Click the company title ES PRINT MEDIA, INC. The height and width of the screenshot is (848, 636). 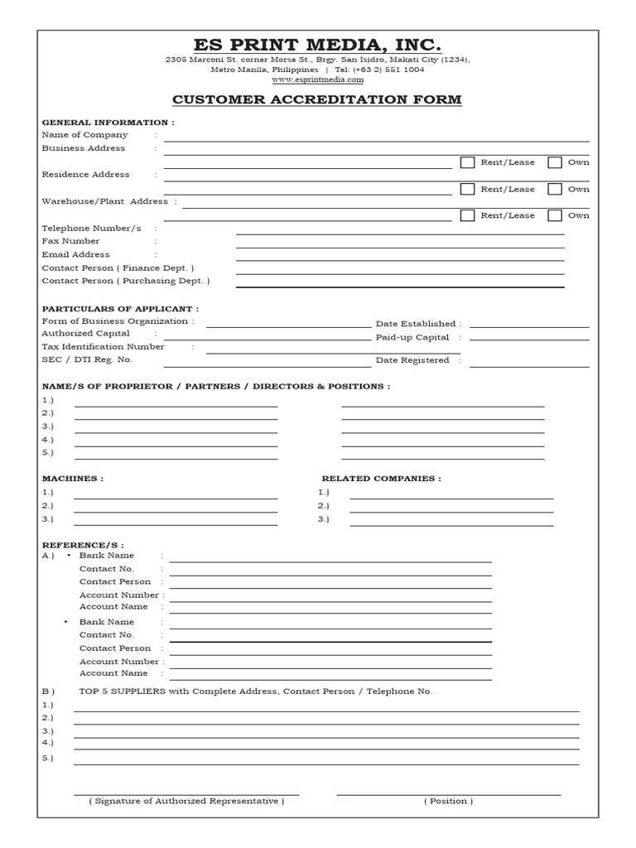(317, 44)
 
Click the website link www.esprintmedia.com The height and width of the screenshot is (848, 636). (317, 79)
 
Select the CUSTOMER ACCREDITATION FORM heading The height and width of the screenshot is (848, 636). (317, 100)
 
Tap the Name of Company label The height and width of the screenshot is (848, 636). (84, 134)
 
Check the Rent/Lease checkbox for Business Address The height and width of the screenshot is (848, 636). (467, 162)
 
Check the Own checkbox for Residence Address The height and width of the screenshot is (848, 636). (555, 189)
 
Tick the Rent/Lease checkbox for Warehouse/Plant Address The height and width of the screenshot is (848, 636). (467, 215)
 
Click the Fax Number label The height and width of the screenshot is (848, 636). (70, 241)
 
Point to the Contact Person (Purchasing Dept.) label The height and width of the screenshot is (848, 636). (126, 281)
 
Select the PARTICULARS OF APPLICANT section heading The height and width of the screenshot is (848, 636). (120, 309)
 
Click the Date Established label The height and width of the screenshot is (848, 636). (416, 324)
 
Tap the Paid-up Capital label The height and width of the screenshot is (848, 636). (412, 337)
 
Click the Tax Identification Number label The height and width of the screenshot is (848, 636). (103, 347)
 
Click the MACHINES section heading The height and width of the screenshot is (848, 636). (73, 479)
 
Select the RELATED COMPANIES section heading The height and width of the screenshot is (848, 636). (381, 479)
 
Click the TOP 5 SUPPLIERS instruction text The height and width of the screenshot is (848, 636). (255, 691)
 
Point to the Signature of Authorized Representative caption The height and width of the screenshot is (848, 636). (186, 801)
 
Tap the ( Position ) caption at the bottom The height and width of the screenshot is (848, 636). (448, 801)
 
